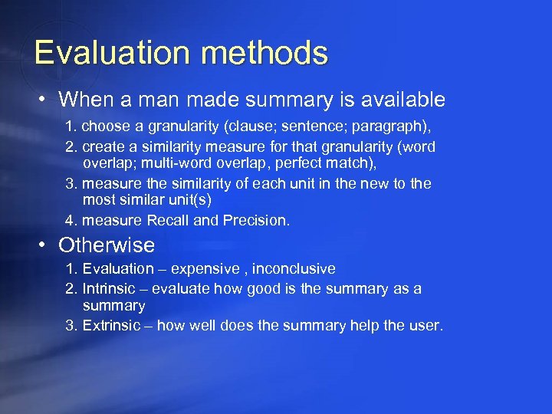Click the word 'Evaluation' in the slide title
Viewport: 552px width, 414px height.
tap(100, 53)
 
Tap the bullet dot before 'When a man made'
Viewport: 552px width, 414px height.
tap(45, 100)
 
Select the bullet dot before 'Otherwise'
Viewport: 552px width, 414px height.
tap(45, 245)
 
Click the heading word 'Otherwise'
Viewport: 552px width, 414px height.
tap(107, 245)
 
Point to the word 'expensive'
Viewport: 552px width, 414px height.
tap(205, 269)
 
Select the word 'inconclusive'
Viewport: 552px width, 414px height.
tap(294, 269)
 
